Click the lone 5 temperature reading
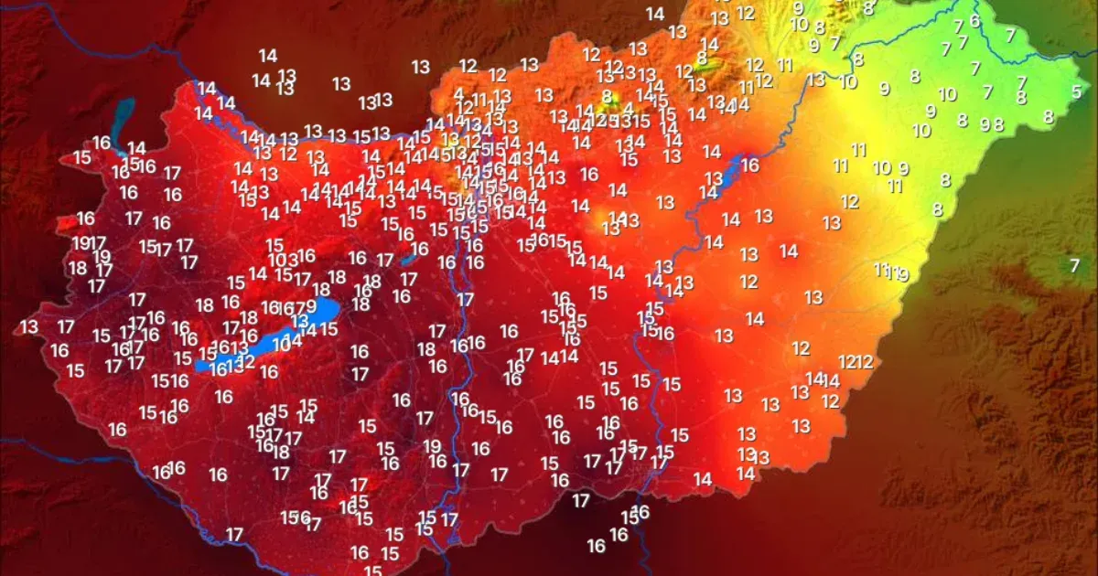(x=1076, y=91)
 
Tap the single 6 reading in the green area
(x=974, y=20)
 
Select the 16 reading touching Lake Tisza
(x=750, y=165)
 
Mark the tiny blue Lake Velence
(x=409, y=259)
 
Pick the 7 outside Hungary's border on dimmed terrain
(x=1074, y=265)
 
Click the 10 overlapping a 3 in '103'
(x=276, y=261)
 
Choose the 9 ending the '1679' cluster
(x=311, y=307)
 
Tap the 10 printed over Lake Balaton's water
(x=282, y=344)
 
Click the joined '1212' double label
(x=856, y=362)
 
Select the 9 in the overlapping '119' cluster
(x=902, y=273)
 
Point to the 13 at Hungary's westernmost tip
(x=29, y=326)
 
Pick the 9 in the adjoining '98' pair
(x=985, y=124)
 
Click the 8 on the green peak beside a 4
(x=607, y=95)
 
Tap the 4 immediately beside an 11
(x=458, y=94)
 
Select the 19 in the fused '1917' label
(x=81, y=243)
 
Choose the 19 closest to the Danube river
(x=432, y=446)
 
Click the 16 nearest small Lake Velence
(x=419, y=249)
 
